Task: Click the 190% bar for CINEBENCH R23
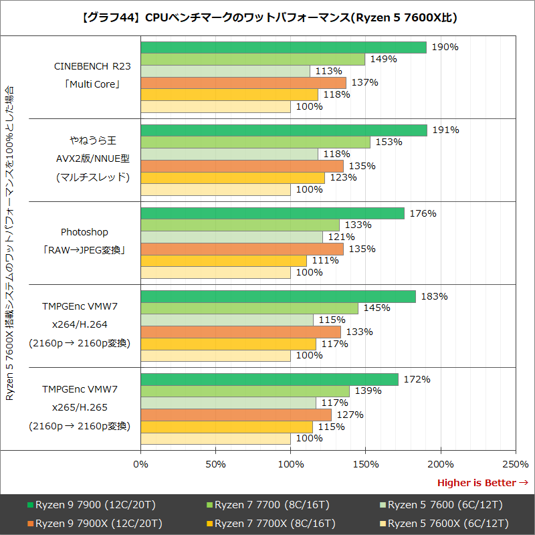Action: [x=284, y=47]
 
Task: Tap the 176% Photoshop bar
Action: [x=273, y=213]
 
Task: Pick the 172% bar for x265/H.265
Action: [x=270, y=379]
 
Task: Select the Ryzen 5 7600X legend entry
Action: [x=445, y=523]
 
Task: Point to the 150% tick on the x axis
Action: [x=365, y=463]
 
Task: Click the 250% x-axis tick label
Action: [x=515, y=463]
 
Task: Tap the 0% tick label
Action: [x=141, y=463]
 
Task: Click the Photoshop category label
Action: [x=84, y=232]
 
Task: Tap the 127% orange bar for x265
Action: [x=236, y=415]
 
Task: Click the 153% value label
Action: [x=389, y=142]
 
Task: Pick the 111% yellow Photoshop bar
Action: [x=224, y=261]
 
